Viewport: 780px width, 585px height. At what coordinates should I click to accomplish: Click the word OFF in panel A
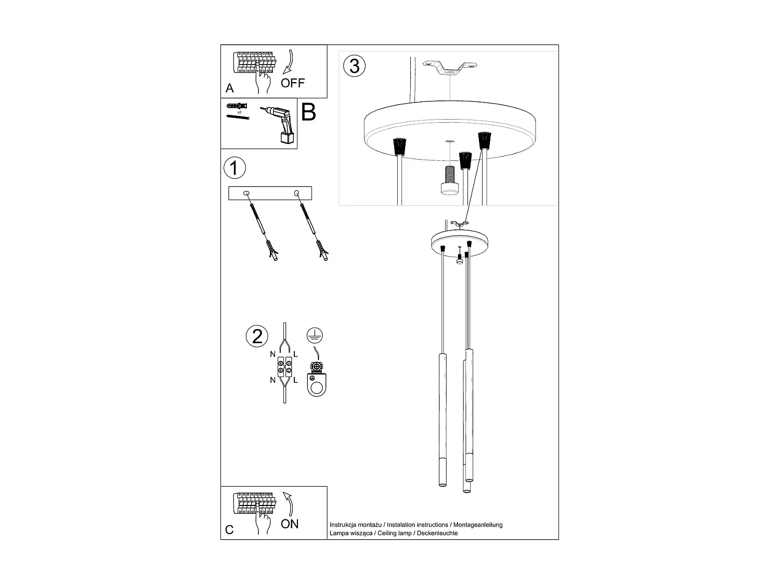pos(293,83)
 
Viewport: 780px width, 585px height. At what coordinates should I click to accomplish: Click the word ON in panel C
pos(290,524)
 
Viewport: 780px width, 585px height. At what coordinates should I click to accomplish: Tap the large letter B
pos(308,112)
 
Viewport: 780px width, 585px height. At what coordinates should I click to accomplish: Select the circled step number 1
pos(234,168)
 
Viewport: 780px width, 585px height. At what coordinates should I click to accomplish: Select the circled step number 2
pos(257,336)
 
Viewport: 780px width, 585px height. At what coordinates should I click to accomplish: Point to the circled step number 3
pos(354,66)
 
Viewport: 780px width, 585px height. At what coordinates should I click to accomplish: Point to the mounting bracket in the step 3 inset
pos(449,68)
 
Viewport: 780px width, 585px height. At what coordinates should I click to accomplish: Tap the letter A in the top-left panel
pos(230,88)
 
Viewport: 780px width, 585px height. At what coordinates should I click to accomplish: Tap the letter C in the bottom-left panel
pos(229,530)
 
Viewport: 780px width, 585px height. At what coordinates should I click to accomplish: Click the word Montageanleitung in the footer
pos(478,525)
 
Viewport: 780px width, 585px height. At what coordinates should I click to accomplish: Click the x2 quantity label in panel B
pos(239,112)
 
